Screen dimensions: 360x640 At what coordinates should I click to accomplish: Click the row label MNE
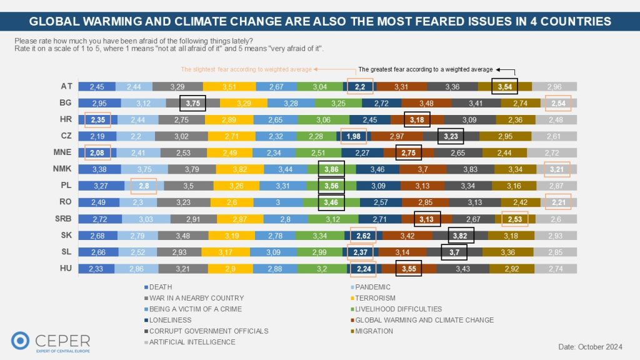tap(66, 151)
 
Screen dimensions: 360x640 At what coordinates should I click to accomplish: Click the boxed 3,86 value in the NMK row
tap(331, 168)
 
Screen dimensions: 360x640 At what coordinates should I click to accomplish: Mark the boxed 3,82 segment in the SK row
tap(461, 235)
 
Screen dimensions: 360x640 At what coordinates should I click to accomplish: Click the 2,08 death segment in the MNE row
tap(97, 151)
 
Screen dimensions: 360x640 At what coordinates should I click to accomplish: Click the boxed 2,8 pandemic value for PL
tap(143, 185)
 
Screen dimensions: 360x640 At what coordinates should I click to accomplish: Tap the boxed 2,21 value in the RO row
tap(557, 201)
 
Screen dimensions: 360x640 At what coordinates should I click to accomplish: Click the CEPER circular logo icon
tap(21, 341)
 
